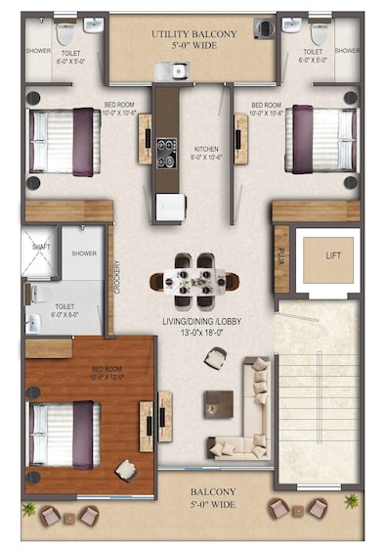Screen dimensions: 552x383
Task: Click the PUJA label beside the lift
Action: (x=282, y=258)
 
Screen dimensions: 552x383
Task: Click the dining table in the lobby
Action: (x=194, y=282)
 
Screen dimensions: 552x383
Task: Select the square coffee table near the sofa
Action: (x=219, y=402)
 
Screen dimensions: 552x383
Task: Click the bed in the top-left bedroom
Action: (x=64, y=142)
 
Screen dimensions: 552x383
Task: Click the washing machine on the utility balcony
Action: (x=264, y=27)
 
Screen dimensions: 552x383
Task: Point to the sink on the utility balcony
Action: (x=179, y=69)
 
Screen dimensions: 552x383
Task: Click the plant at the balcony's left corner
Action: (x=29, y=510)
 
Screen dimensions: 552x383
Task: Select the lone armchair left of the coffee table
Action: (x=215, y=358)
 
